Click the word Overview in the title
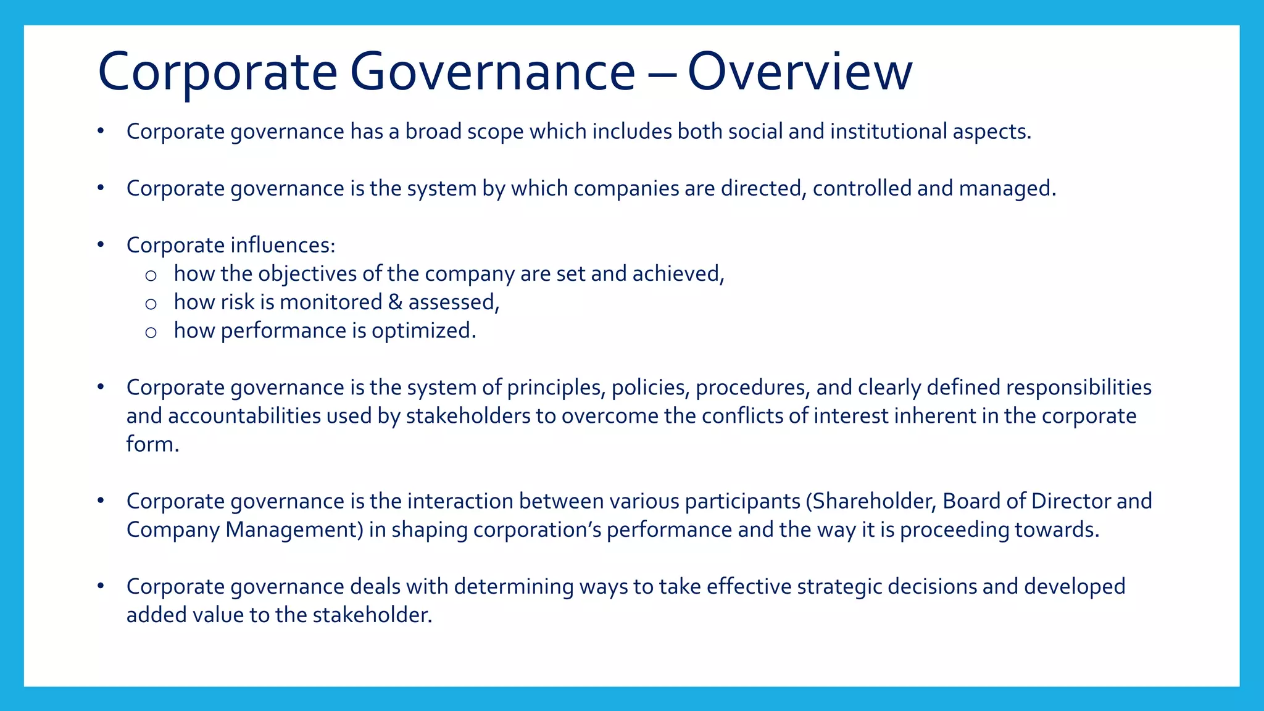[799, 72]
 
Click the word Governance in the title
[492, 72]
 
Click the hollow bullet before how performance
[151, 333]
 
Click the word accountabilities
[244, 416]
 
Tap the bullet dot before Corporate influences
[101, 245]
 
